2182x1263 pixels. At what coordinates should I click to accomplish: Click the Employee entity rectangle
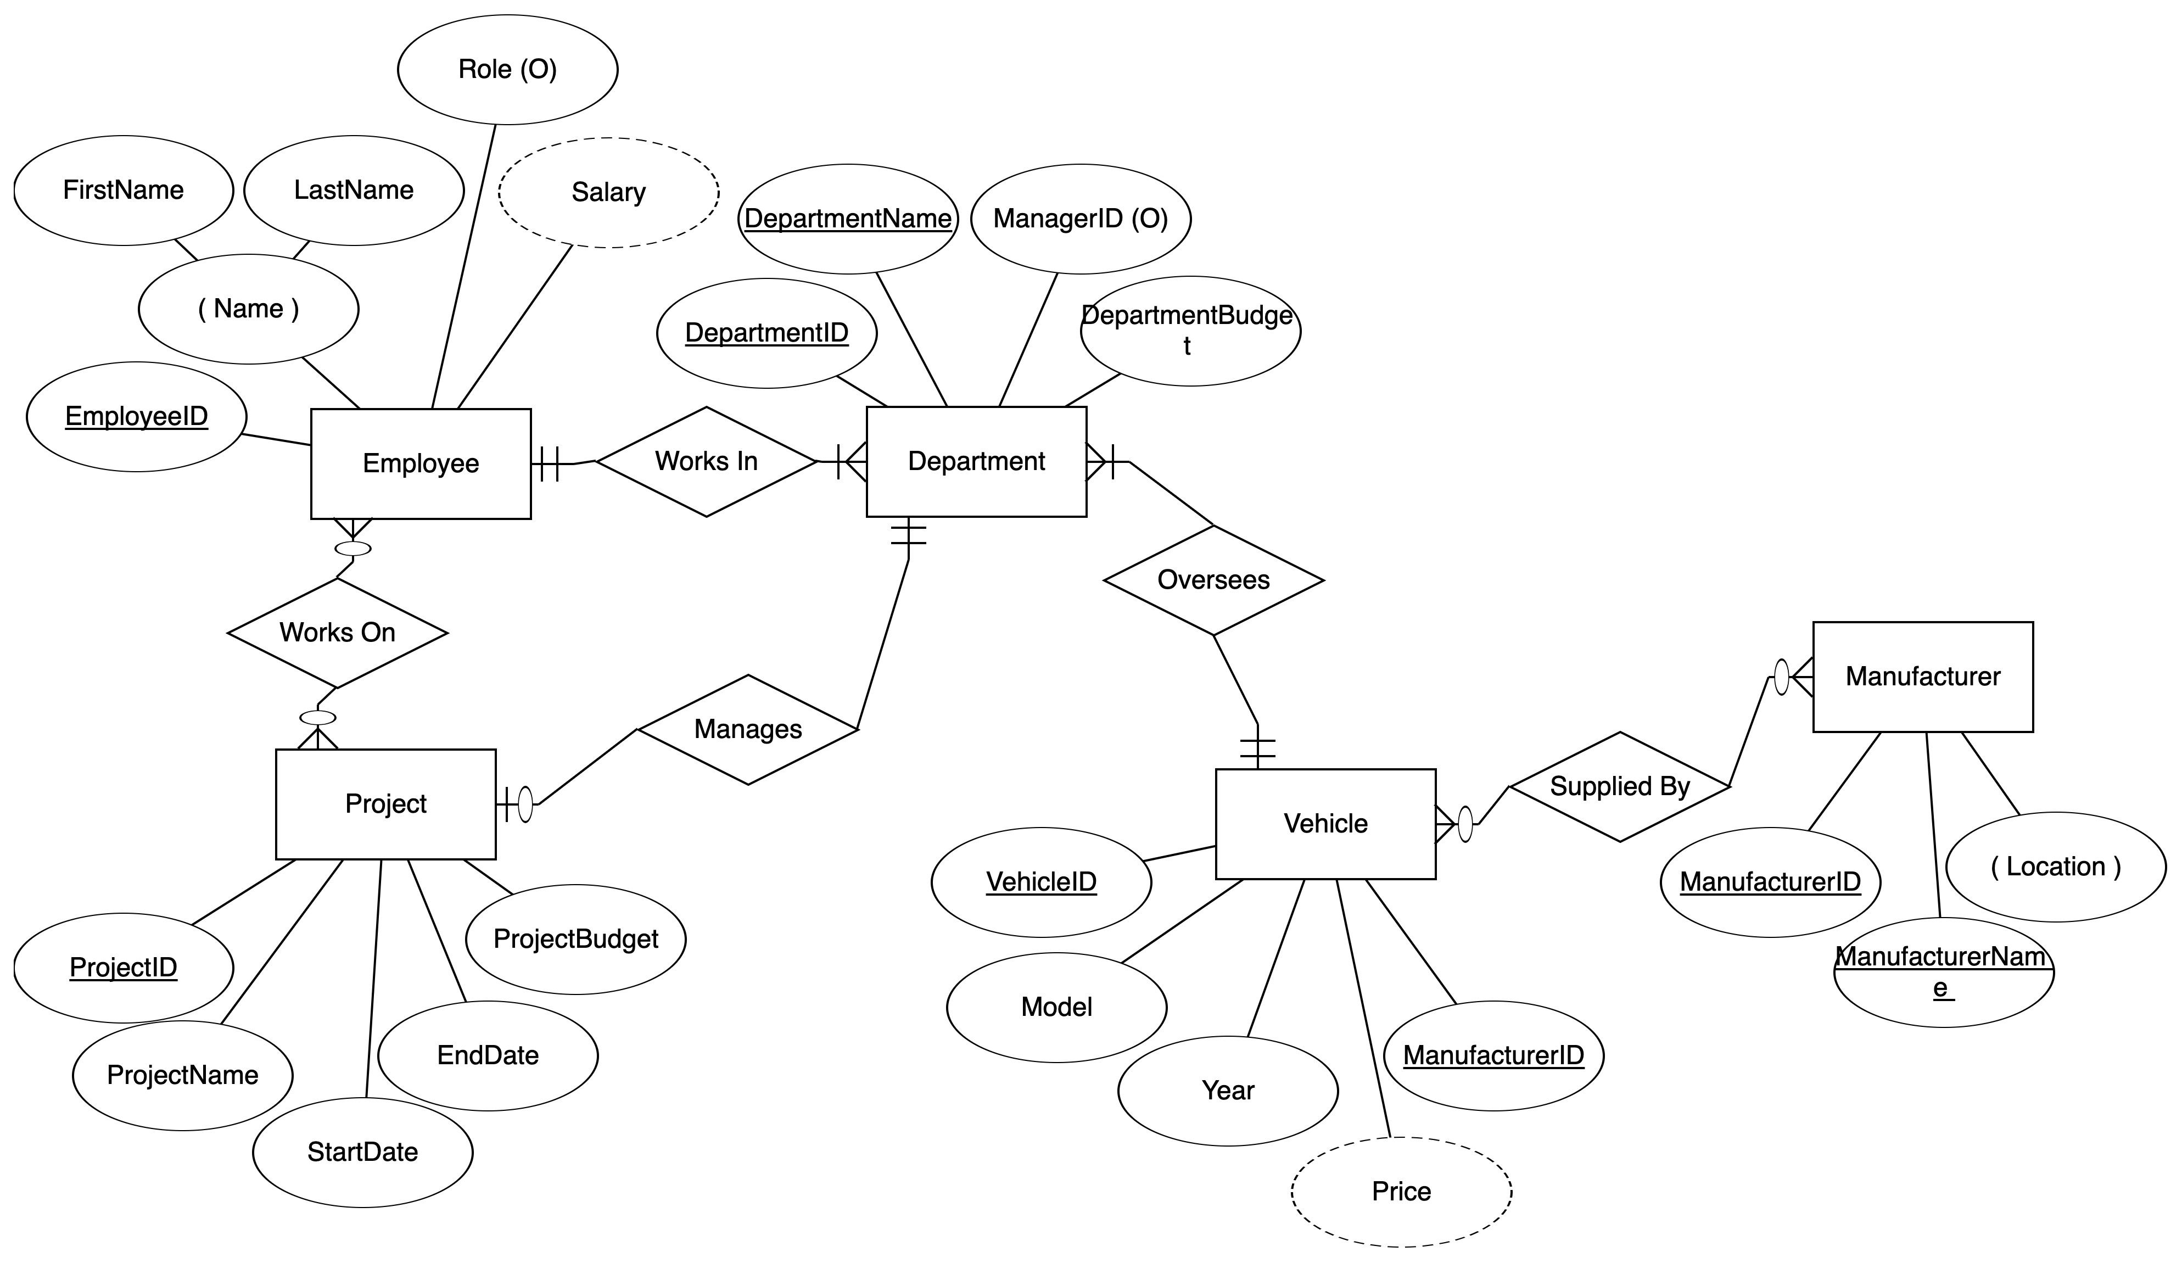coord(421,463)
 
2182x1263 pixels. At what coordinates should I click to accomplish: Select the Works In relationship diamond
coord(707,462)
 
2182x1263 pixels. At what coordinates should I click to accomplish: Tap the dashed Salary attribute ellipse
coord(609,192)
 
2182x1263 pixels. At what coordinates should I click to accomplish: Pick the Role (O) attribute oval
coord(507,69)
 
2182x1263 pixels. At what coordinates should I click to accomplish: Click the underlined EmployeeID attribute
coord(137,417)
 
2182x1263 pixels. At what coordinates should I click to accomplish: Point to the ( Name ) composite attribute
coord(249,309)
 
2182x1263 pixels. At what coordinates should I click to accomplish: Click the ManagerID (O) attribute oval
coord(1081,219)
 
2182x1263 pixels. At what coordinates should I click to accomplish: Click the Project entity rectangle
coord(386,804)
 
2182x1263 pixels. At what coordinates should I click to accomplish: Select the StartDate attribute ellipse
coord(363,1152)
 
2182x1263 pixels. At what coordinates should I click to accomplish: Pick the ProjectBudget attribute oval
coord(576,939)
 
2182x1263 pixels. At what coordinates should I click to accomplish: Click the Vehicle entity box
coord(1325,824)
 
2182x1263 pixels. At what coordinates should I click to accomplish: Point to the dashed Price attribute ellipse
coord(1401,1192)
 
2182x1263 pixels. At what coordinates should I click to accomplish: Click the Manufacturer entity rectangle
coord(1923,677)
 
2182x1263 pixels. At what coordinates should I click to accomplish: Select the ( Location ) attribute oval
coord(2056,867)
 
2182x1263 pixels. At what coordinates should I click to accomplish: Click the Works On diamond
coord(338,633)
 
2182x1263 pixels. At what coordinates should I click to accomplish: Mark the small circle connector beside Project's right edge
coord(525,805)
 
